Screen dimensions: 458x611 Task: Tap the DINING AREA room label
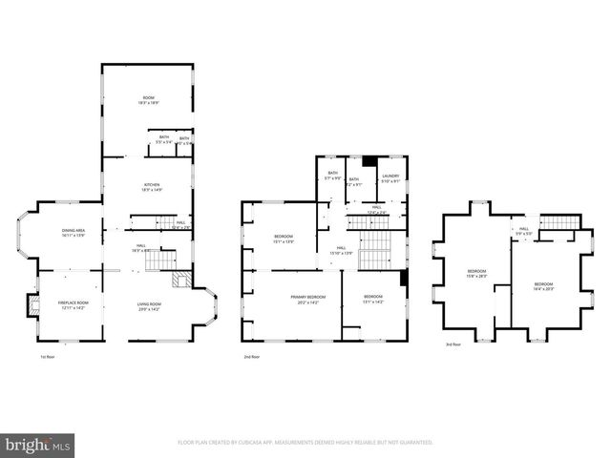(x=74, y=232)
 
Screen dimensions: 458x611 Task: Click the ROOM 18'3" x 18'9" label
(x=149, y=99)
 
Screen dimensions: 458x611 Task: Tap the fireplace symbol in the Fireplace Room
(x=32, y=305)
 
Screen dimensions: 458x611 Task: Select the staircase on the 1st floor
(x=168, y=260)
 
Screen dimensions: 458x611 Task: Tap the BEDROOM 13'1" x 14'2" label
(x=372, y=300)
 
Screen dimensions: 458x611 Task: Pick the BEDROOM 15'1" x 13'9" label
(x=284, y=239)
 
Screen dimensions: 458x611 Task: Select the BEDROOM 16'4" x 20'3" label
(x=543, y=286)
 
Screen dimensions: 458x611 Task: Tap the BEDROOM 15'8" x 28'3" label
(x=475, y=274)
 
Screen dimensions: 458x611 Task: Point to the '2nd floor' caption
(x=252, y=356)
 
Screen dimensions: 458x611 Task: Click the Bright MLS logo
(x=38, y=445)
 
